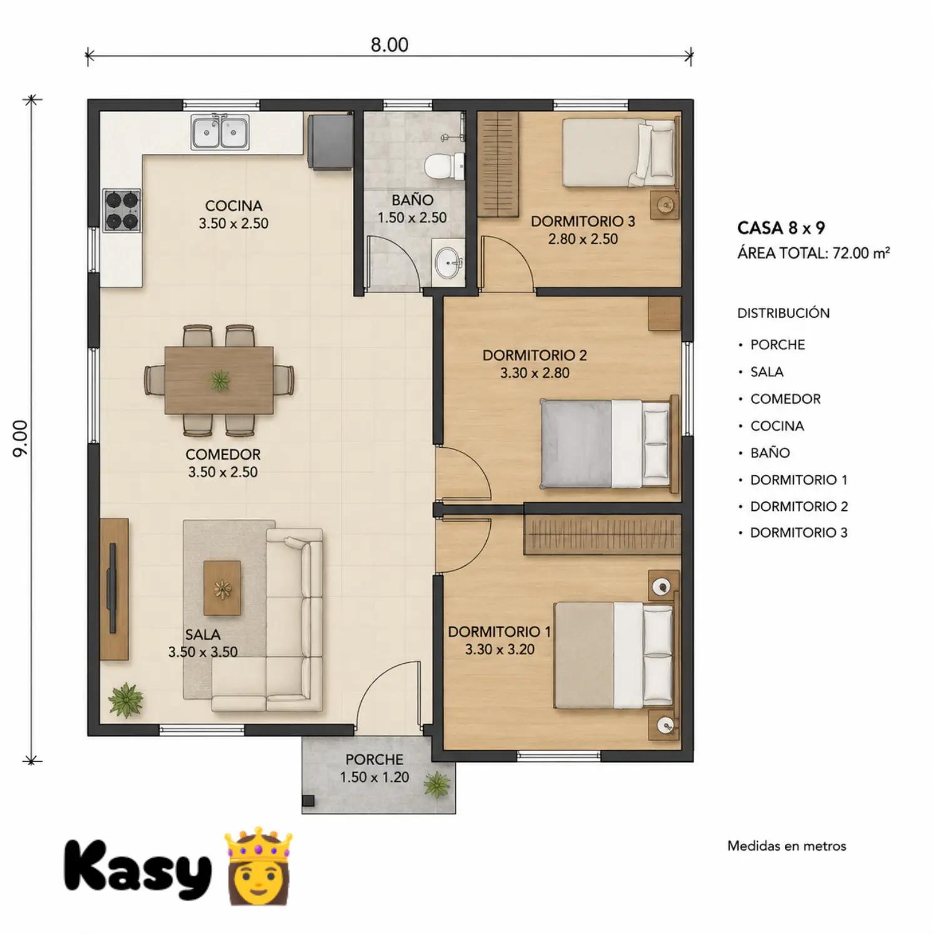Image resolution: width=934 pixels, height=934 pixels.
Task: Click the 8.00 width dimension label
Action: [x=389, y=45]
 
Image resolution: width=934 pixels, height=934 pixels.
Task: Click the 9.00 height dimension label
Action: [x=21, y=438]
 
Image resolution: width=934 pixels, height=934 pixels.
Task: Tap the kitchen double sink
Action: [x=220, y=132]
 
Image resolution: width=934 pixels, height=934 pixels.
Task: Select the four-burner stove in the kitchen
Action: [x=122, y=210]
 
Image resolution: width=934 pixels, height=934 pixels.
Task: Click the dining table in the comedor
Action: [x=219, y=380]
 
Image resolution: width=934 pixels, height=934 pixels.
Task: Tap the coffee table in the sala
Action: [x=222, y=588]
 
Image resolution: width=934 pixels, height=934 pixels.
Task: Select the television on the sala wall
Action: [x=112, y=588]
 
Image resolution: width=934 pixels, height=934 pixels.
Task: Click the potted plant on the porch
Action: [x=436, y=784]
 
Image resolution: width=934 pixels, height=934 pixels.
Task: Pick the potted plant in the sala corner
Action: [x=126, y=699]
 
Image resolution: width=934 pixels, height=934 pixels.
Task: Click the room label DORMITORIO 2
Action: [x=535, y=356]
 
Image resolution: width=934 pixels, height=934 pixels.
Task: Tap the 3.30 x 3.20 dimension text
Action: [x=500, y=649]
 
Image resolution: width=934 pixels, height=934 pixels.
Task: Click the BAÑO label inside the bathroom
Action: [x=413, y=200]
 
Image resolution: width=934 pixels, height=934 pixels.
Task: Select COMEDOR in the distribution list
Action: [x=786, y=399]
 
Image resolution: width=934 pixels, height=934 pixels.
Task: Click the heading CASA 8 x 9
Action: [x=781, y=228]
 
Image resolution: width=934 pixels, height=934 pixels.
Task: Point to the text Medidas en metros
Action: [x=787, y=846]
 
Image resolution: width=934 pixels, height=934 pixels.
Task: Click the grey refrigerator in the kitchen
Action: [x=330, y=141]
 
